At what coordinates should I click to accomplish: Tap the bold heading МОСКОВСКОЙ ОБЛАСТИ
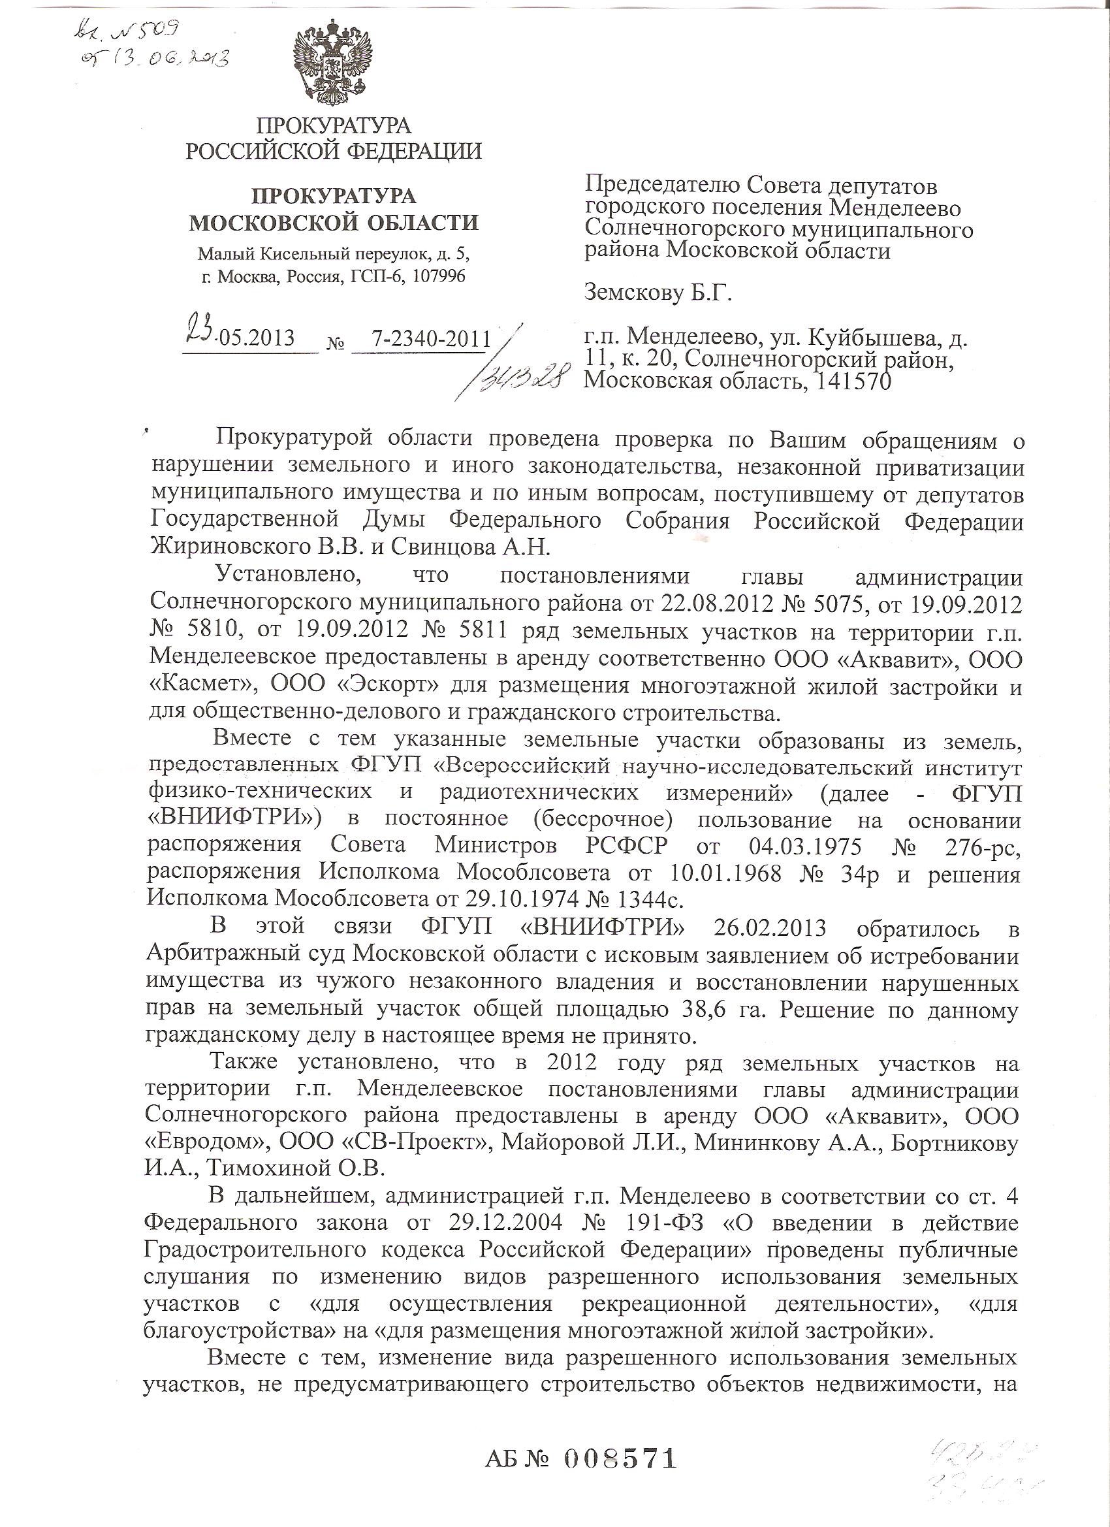tap(333, 222)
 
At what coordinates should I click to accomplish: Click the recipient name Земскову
tap(639, 293)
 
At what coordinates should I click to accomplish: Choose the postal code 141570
tap(853, 381)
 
